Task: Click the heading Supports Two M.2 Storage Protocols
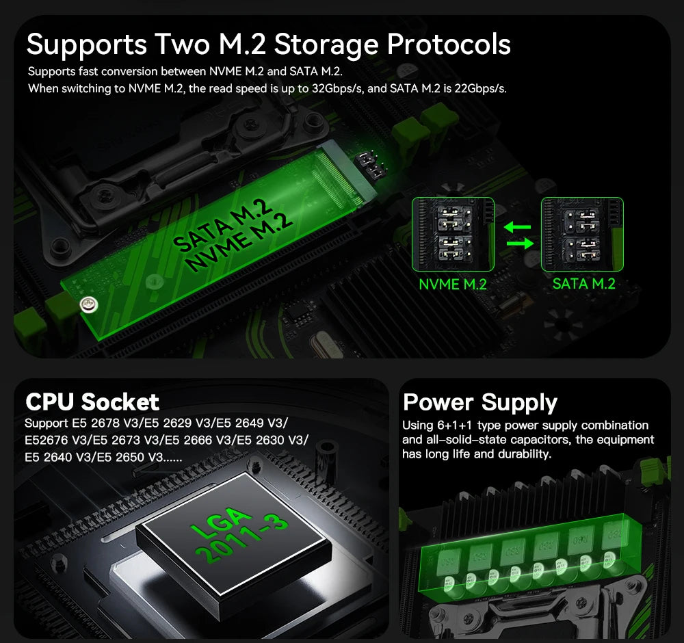click(268, 44)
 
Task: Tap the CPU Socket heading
click(92, 402)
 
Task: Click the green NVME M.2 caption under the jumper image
click(452, 285)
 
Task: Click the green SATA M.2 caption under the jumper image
click(583, 284)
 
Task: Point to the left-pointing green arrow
click(518, 226)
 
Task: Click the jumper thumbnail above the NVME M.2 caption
click(452, 234)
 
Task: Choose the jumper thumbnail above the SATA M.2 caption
click(582, 234)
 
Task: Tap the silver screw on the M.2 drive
click(87, 304)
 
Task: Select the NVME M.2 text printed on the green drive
click(240, 240)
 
